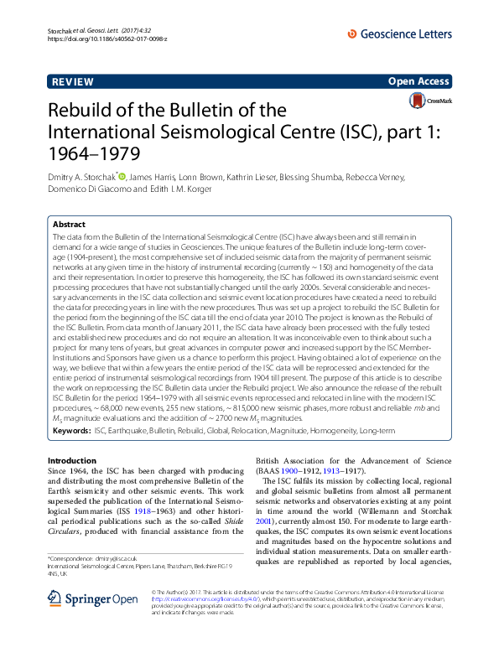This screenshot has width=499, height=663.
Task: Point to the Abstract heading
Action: pyautogui.click(x=69, y=225)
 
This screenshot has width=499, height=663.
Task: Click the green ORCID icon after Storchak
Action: pyautogui.click(x=122, y=176)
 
